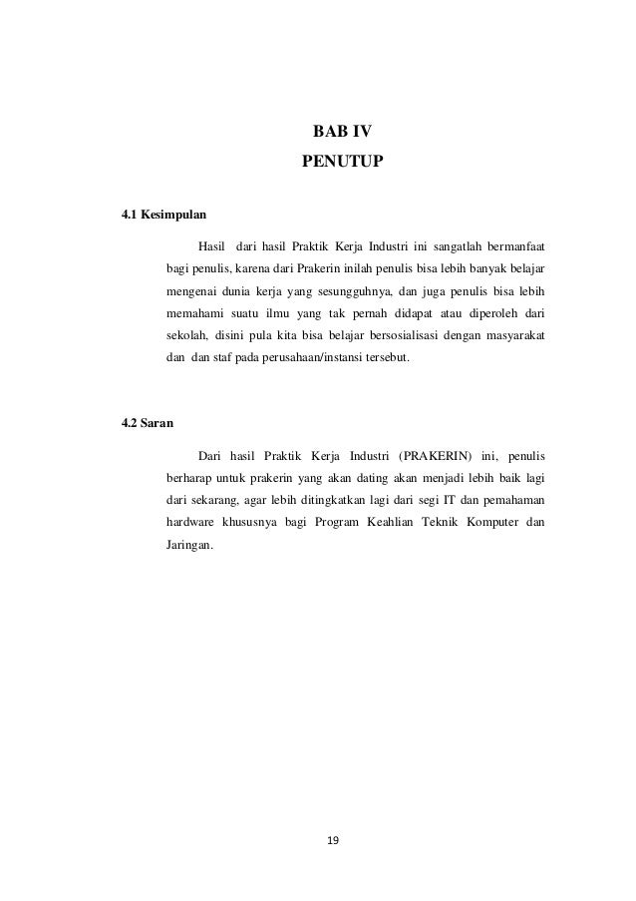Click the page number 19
tap(333, 842)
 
